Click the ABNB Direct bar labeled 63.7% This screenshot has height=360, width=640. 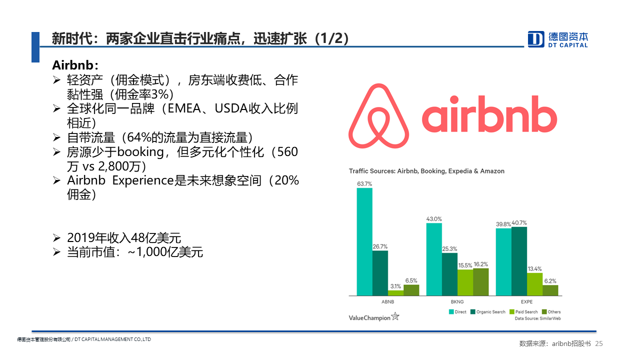pyautogui.click(x=364, y=241)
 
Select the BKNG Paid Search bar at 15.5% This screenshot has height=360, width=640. pyautogui.click(x=465, y=282)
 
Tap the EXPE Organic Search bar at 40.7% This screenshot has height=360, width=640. pyautogui.click(x=519, y=261)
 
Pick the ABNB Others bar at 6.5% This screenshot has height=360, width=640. pyautogui.click(x=411, y=290)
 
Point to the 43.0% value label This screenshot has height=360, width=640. pyautogui.click(x=434, y=219)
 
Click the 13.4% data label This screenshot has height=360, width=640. pyautogui.click(x=534, y=269)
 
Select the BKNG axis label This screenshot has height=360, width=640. pyautogui.click(x=457, y=301)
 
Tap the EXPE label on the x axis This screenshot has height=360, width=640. pyautogui.click(x=526, y=301)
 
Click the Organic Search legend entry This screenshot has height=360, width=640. pyautogui.click(x=488, y=311)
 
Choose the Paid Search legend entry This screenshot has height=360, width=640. pyautogui.click(x=523, y=311)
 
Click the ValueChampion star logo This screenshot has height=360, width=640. pyautogui.click(x=395, y=316)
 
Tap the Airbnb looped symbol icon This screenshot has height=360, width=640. pyautogui.click(x=378, y=115)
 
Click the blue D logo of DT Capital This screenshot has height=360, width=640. pyautogui.click(x=535, y=39)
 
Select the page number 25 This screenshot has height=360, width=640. pyautogui.click(x=599, y=343)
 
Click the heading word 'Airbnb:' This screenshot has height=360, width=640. pyautogui.click(x=75, y=65)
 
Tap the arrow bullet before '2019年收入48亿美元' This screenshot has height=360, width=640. pyautogui.click(x=56, y=237)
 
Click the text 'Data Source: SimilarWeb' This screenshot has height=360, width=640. pyautogui.click(x=537, y=318)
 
